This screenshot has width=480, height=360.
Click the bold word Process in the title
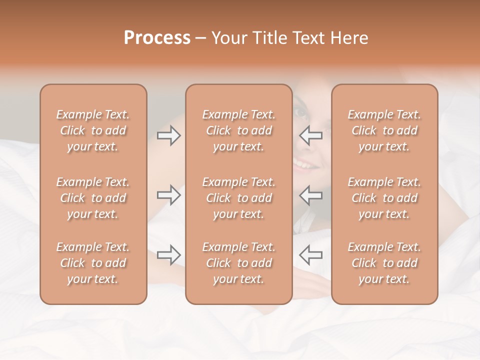pos(157,37)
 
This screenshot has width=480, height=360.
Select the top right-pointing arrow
pos(169,135)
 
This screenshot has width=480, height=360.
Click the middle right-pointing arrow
pos(169,195)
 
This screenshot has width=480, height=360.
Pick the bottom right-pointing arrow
pos(169,255)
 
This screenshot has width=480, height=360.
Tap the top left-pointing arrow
pos(311,135)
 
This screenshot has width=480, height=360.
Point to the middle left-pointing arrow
pos(311,195)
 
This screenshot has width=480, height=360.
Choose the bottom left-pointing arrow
pos(311,255)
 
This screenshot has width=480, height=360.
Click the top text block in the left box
pos(93,130)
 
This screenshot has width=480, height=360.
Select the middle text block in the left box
pos(93,198)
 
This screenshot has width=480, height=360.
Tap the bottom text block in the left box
pos(93,263)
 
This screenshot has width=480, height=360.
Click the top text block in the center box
pos(239,130)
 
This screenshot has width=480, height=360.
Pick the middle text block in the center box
pos(239,198)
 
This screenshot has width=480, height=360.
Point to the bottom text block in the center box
pos(239,263)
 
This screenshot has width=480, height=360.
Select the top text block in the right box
pos(384,130)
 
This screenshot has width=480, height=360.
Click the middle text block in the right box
pos(384,198)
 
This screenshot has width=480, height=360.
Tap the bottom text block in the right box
pos(384,263)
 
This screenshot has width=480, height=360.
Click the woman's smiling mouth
pos(303,164)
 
